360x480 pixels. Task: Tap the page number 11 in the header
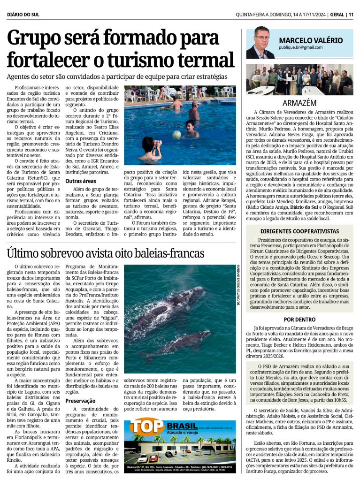click(351, 15)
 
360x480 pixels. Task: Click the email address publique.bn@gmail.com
click(300, 47)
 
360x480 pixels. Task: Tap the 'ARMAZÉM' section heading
click(299, 103)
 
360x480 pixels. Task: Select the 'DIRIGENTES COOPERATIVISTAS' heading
click(299, 231)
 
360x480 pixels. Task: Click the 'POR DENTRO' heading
click(299, 319)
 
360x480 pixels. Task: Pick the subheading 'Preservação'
click(81, 401)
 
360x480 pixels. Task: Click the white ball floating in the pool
click(176, 134)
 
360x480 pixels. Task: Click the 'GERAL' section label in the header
click(336, 15)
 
